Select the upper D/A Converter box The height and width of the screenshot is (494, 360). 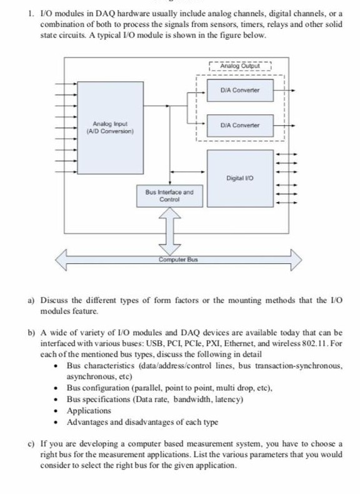240,91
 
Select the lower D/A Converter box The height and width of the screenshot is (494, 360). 240,126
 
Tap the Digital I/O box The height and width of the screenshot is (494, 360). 240,179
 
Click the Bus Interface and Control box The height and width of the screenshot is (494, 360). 169,196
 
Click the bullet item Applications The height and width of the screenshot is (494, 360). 89,411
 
